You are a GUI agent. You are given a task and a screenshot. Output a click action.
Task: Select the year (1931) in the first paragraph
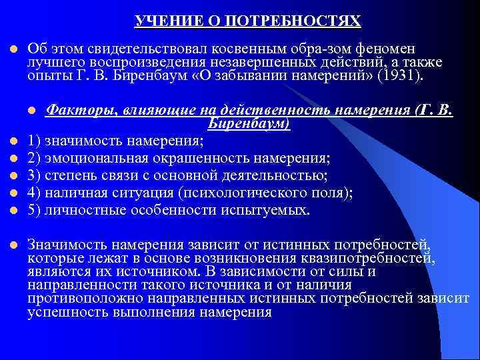point(399,76)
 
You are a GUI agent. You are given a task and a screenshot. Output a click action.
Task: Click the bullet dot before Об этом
point(12,49)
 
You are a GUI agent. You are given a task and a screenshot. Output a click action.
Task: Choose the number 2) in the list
point(35,158)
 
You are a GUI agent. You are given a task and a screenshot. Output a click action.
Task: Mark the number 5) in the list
point(35,210)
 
